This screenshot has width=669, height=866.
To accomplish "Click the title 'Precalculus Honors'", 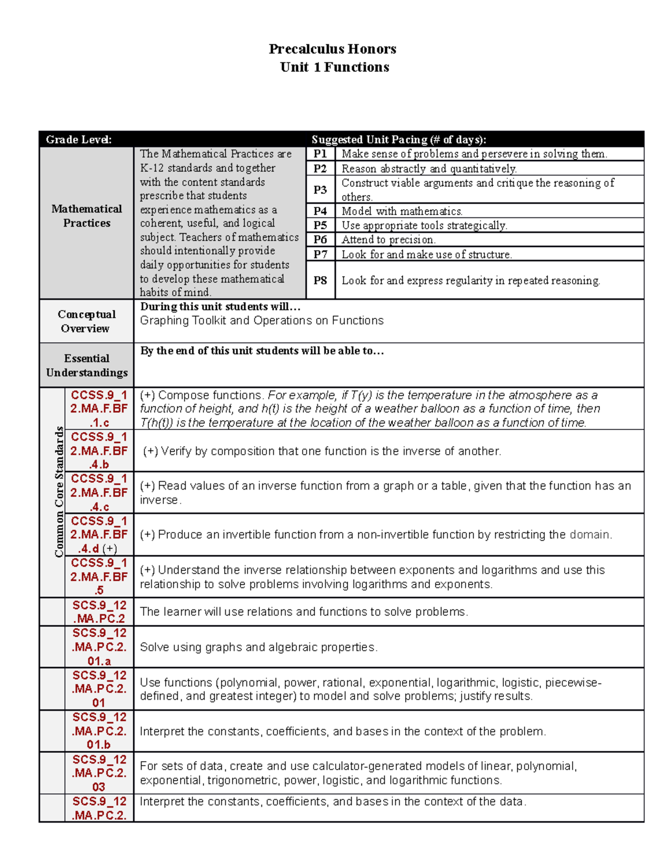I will (x=332, y=49).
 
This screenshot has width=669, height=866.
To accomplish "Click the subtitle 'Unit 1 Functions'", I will (x=334, y=67).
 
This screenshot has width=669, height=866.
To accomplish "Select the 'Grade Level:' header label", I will (x=79, y=139).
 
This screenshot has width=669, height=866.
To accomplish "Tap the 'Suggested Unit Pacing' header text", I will (x=399, y=139).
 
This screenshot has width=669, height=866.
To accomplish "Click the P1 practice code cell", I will (x=320, y=154).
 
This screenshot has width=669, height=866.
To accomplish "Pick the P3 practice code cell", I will (x=320, y=190).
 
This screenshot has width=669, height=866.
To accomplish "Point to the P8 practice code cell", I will (x=320, y=280).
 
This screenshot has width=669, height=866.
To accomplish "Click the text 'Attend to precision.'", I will (x=388, y=240).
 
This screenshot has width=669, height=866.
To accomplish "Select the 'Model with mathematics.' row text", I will (x=401, y=211).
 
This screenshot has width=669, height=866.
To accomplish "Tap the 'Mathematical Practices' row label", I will (x=86, y=216).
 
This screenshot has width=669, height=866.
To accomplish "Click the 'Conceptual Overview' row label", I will (x=86, y=321).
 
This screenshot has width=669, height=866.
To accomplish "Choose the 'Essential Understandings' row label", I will (x=86, y=365).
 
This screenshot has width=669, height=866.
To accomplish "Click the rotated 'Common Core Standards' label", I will (x=59, y=492).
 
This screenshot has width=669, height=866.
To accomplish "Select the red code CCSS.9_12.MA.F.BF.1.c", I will (x=99, y=409).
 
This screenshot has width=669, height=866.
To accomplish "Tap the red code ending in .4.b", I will (x=99, y=451).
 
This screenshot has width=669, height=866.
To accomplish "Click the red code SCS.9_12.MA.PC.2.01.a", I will (x=99, y=647).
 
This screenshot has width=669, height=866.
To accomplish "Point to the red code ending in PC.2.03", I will (x=99, y=773).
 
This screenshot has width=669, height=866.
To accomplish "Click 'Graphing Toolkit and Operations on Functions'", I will (x=261, y=321).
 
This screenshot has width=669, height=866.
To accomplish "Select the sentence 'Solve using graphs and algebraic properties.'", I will (x=259, y=647).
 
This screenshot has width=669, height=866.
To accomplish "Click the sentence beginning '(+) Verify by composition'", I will (x=322, y=451).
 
